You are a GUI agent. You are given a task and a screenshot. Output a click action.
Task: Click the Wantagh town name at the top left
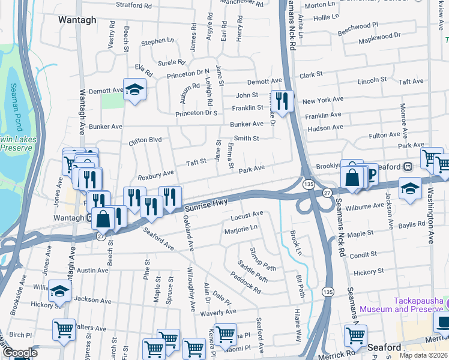point(77,20)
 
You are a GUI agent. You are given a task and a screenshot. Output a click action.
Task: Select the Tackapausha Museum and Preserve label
point(419,305)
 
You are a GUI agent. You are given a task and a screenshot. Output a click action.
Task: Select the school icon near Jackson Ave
point(60,292)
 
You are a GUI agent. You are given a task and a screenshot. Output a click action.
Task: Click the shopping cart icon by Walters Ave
point(64,329)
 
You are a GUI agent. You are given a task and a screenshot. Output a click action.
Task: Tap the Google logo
point(19,353)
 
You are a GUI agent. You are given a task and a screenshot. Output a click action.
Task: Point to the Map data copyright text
point(424,355)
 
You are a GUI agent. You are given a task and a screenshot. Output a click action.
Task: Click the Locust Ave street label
point(247,214)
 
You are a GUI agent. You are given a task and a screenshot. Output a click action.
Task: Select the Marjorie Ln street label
point(240,228)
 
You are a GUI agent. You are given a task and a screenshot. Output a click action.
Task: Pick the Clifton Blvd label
point(145,140)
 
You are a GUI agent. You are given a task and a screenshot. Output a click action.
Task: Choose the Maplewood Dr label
point(379,39)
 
